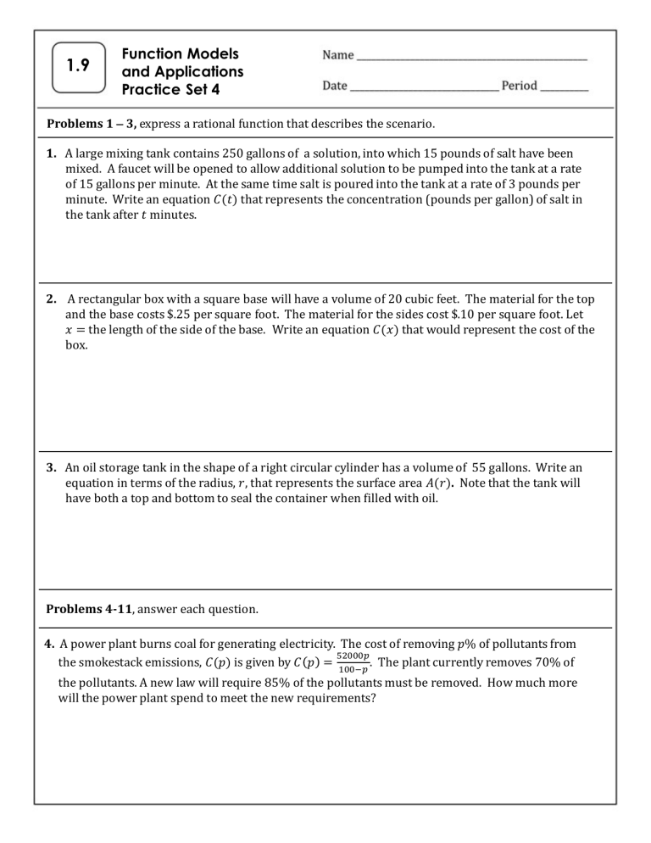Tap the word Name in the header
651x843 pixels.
[338, 55]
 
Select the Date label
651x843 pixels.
[335, 86]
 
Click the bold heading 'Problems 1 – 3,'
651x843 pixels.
[91, 124]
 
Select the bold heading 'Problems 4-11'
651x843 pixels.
[86, 607]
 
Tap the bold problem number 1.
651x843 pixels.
[52, 154]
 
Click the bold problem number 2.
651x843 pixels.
[52, 299]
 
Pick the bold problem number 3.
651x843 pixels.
[52, 466]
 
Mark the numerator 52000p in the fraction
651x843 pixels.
[352, 656]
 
